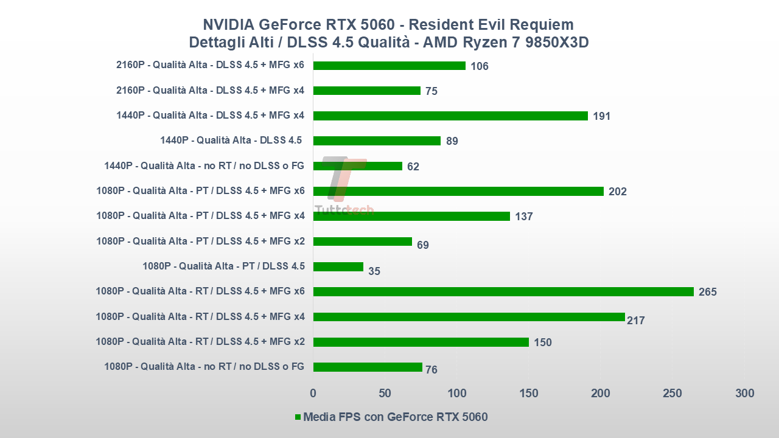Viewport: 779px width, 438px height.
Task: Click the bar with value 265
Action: click(503, 291)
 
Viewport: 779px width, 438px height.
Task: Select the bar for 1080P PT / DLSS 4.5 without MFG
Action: click(338, 266)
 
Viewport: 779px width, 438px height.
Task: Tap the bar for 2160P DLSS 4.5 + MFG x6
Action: click(389, 66)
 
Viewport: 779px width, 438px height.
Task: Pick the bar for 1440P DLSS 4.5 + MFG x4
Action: click(450, 116)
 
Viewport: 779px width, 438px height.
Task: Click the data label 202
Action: click(617, 192)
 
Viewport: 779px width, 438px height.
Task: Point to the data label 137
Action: click(523, 217)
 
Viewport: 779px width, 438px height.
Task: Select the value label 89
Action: click(452, 141)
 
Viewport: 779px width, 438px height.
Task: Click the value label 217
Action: click(635, 320)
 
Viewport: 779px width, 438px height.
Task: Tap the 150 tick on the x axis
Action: click(529, 393)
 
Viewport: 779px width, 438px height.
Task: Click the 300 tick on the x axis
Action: click(744, 393)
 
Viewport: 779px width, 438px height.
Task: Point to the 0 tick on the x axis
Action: click(313, 393)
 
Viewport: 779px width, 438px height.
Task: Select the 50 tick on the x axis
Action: click(385, 393)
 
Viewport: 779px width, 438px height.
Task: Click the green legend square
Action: click(298, 417)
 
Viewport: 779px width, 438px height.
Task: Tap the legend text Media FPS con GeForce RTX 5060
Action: click(395, 417)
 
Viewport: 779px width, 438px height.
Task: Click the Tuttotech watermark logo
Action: click(344, 186)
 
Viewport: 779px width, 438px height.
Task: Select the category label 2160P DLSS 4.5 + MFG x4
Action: click(210, 91)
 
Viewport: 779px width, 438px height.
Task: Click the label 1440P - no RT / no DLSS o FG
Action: click(204, 165)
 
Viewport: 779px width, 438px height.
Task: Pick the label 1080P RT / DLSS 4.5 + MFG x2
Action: click(200, 341)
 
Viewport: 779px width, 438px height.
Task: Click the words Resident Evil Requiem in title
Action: click(491, 24)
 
